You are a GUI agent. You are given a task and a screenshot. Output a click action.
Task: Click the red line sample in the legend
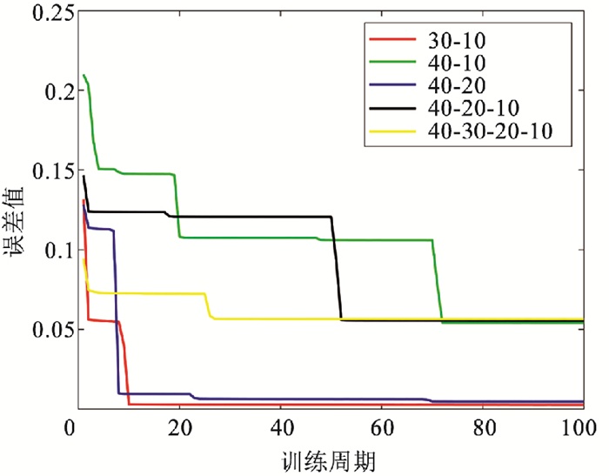pyautogui.click(x=391, y=39)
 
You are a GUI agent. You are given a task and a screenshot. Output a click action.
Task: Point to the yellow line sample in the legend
pyautogui.click(x=391, y=132)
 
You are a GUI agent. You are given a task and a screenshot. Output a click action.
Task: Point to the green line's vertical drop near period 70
pyautogui.click(x=438, y=278)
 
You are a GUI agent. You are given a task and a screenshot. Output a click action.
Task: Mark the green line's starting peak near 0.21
pyautogui.click(x=84, y=76)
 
